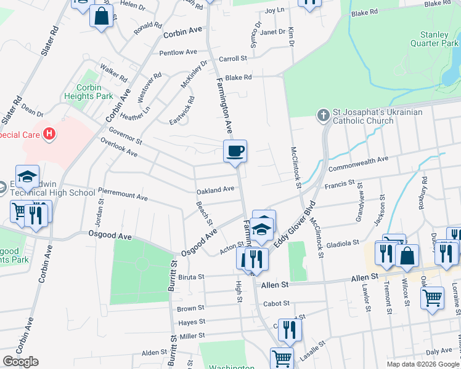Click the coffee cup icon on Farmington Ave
(235, 151)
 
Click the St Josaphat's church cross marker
(323, 115)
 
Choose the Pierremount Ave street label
(123, 195)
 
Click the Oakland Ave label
(215, 189)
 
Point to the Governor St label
(125, 137)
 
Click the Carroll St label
(233, 58)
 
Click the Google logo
(20, 362)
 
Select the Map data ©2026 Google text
(422, 364)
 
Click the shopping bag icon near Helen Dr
(102, 16)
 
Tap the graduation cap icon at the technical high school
(27, 177)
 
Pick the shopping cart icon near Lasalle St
(282, 359)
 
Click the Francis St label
(340, 183)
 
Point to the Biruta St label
(191, 277)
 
